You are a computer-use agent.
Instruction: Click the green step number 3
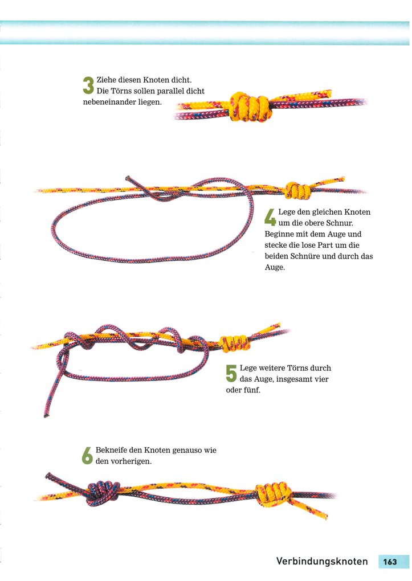click(x=88, y=85)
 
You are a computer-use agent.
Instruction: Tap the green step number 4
click(x=270, y=217)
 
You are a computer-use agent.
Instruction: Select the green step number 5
click(x=231, y=374)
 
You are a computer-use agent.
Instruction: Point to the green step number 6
click(x=88, y=456)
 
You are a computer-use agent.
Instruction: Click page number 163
click(x=390, y=562)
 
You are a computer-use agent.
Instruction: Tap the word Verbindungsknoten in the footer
click(x=322, y=562)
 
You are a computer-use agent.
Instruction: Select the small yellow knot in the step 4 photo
click(x=298, y=190)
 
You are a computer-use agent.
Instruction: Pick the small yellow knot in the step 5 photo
click(x=235, y=343)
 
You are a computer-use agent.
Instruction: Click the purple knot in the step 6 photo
click(x=103, y=493)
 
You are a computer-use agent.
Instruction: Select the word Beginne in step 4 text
click(x=279, y=234)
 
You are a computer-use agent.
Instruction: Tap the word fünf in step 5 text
click(x=251, y=390)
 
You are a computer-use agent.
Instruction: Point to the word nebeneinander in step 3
click(x=109, y=102)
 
